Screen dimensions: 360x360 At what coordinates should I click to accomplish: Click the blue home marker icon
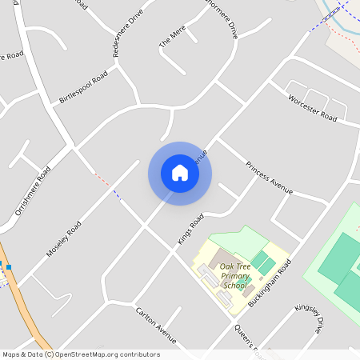point(180,173)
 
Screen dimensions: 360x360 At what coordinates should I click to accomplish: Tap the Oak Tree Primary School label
point(235,275)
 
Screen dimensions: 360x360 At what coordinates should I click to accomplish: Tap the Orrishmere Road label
point(33,192)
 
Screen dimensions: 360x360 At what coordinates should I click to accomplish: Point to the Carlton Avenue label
point(155,320)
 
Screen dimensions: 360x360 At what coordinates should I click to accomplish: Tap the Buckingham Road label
point(270,283)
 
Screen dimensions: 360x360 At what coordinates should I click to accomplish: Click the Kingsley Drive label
point(308,318)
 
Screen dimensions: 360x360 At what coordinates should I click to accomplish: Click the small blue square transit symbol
point(9,266)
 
